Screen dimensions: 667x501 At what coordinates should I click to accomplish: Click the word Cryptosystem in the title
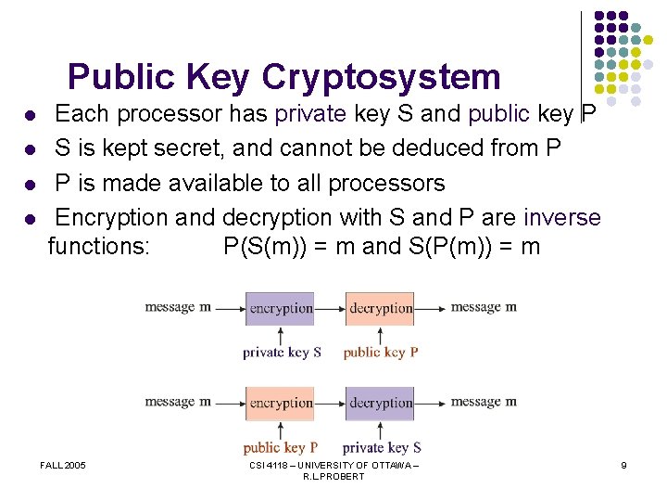pyautogui.click(x=381, y=77)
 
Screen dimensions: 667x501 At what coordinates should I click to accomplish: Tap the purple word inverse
pyautogui.click(x=562, y=218)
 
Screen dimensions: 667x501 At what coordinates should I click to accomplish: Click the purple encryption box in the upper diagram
pyautogui.click(x=281, y=308)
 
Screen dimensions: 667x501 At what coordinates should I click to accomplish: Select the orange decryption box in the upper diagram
pyautogui.click(x=381, y=308)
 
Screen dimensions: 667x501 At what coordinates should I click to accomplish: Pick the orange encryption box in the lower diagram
pyautogui.click(x=281, y=403)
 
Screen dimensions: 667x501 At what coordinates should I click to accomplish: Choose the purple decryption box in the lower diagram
pyautogui.click(x=381, y=403)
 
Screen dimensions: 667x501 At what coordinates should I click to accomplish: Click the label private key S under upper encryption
pyautogui.click(x=282, y=353)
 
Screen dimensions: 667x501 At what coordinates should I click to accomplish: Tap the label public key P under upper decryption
pyautogui.click(x=381, y=353)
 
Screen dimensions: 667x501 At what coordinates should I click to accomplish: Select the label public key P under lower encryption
pyautogui.click(x=281, y=447)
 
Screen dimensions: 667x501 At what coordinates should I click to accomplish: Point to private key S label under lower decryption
pyautogui.click(x=382, y=447)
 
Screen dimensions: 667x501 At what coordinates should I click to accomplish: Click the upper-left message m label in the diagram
pyautogui.click(x=178, y=307)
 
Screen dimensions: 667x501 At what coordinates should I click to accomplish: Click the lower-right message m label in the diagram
pyautogui.click(x=484, y=402)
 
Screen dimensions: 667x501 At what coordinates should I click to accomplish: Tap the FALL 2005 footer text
pyautogui.click(x=63, y=465)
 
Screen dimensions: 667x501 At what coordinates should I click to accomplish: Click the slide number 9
pyautogui.click(x=624, y=465)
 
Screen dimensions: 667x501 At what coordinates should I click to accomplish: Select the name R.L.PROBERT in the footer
pyautogui.click(x=333, y=477)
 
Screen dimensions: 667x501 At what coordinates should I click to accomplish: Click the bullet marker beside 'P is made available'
pyautogui.click(x=30, y=185)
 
